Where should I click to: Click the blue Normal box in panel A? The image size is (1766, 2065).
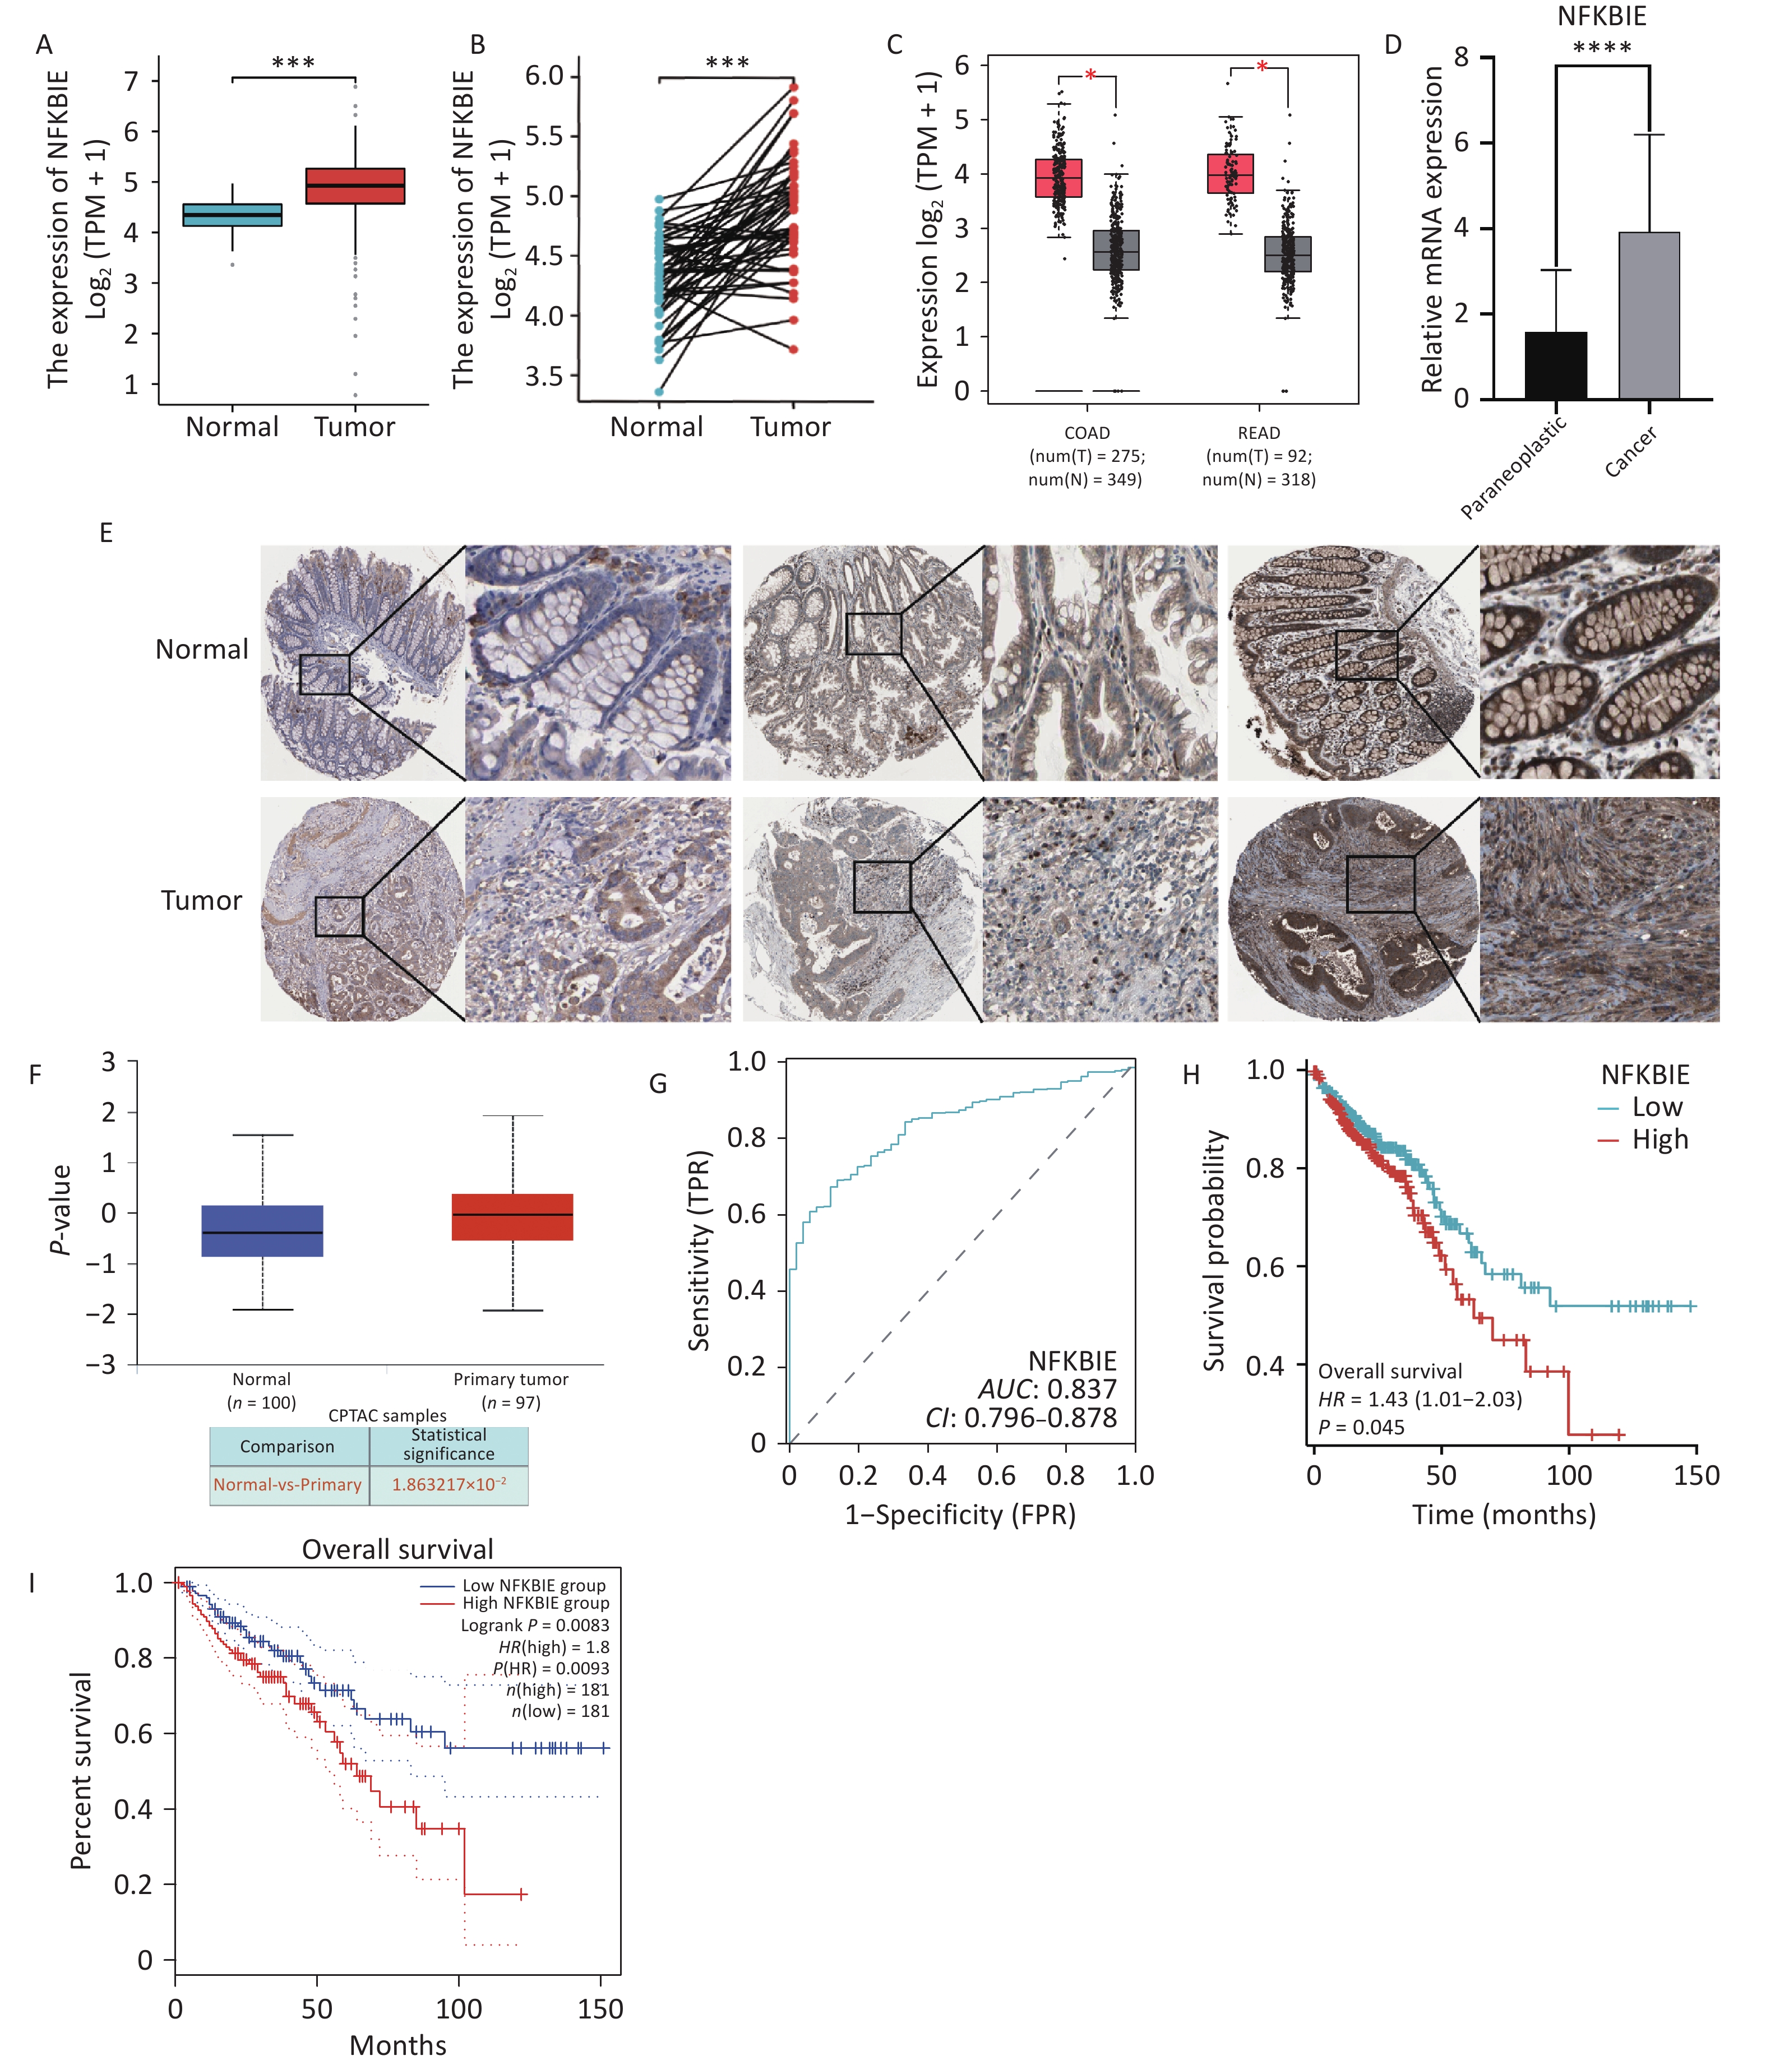[232, 215]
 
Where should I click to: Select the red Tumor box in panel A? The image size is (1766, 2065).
[355, 186]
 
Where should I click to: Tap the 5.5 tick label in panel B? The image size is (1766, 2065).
[544, 136]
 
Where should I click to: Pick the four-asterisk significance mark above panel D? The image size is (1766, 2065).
[1602, 48]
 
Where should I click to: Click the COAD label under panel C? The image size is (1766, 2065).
[1087, 433]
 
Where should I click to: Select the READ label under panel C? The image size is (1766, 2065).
[1259, 433]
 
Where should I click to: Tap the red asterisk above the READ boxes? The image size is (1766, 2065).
[1262, 68]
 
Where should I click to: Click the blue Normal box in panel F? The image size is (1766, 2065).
[262, 1231]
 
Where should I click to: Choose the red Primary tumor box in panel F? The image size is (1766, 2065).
[512, 1217]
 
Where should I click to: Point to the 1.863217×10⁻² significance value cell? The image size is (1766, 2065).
[449, 1484]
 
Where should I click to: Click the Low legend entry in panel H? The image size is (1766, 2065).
[1656, 1107]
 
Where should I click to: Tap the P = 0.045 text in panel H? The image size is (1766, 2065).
[1361, 1427]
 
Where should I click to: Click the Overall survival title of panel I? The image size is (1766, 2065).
[397, 1550]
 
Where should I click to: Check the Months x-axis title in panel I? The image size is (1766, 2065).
[397, 2045]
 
